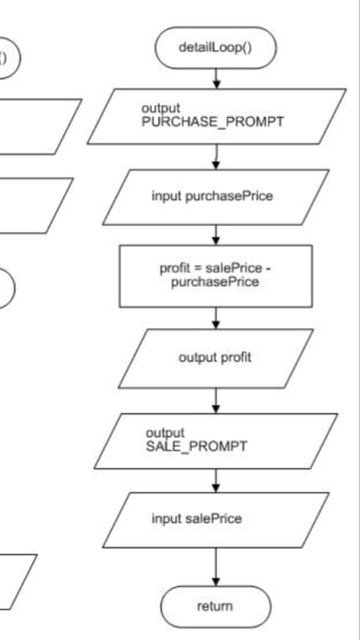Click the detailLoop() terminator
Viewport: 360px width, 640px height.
pos(216,48)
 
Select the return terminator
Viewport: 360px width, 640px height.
pos(216,605)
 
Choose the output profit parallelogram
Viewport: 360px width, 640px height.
pos(216,357)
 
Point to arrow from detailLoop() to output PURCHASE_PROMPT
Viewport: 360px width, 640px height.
pos(216,79)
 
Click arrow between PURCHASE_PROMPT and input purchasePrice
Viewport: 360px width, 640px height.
pos(216,157)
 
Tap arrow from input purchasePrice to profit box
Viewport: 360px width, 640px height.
pos(216,235)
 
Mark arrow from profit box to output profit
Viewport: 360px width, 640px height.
pos(216,316)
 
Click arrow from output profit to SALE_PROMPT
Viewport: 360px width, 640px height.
pos(216,399)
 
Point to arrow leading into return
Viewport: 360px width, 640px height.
pos(216,563)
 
